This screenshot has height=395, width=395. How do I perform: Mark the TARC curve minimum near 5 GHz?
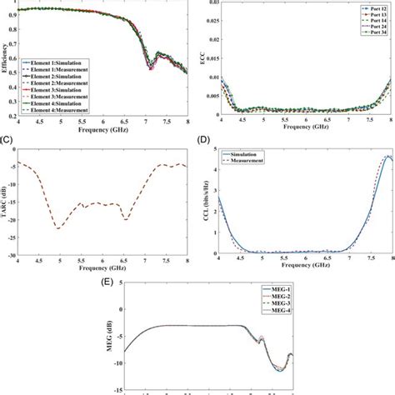tap(57, 227)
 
